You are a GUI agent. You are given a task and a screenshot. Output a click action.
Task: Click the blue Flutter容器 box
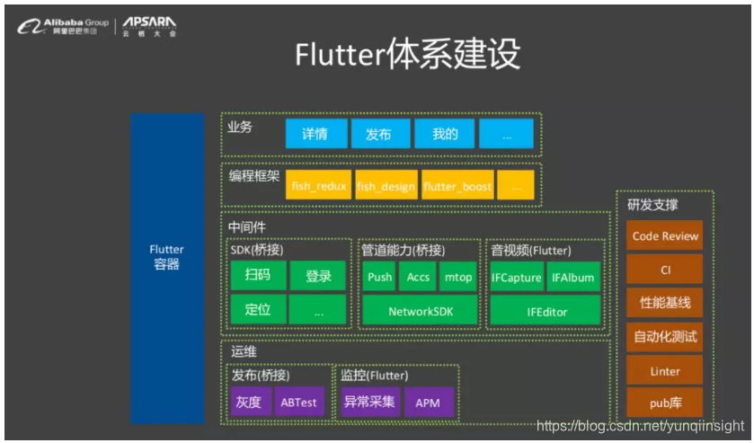(x=166, y=268)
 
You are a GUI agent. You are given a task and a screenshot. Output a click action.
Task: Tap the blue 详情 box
(x=315, y=134)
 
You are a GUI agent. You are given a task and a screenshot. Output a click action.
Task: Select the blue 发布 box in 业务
(x=378, y=134)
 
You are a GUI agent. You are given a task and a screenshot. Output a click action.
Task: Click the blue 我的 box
(x=444, y=134)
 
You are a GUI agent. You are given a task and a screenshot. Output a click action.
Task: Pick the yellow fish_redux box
(x=319, y=186)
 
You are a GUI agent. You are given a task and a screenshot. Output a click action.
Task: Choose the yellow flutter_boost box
(x=457, y=186)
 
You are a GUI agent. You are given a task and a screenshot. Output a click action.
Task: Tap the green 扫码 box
(x=258, y=276)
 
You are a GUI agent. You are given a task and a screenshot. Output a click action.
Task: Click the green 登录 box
(x=318, y=276)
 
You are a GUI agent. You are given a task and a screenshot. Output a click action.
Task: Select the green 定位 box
(x=258, y=310)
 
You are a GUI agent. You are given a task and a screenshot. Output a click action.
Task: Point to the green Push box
(x=379, y=277)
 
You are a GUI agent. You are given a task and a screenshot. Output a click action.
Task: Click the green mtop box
(x=457, y=277)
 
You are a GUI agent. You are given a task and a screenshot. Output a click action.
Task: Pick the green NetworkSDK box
(x=419, y=311)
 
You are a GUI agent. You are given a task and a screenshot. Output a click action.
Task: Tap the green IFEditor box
(x=546, y=311)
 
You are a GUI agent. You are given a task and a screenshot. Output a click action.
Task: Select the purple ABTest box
(x=298, y=402)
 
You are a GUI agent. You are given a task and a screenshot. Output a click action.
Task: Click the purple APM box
(x=428, y=402)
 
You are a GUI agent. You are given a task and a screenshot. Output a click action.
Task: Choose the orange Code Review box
(x=665, y=235)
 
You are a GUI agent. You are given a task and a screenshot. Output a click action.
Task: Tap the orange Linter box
(x=665, y=370)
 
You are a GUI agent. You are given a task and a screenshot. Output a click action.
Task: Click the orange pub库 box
(x=665, y=403)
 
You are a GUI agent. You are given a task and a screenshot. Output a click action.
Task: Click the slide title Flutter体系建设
(x=407, y=55)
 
